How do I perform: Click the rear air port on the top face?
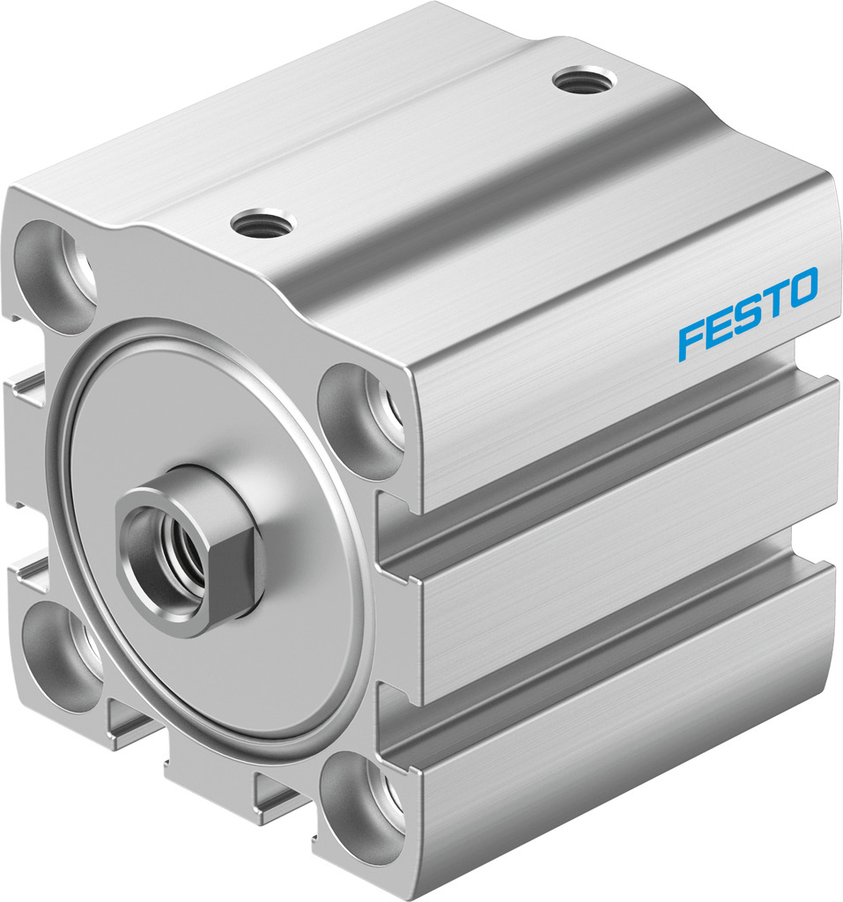point(585,80)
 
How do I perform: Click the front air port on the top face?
point(263,225)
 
